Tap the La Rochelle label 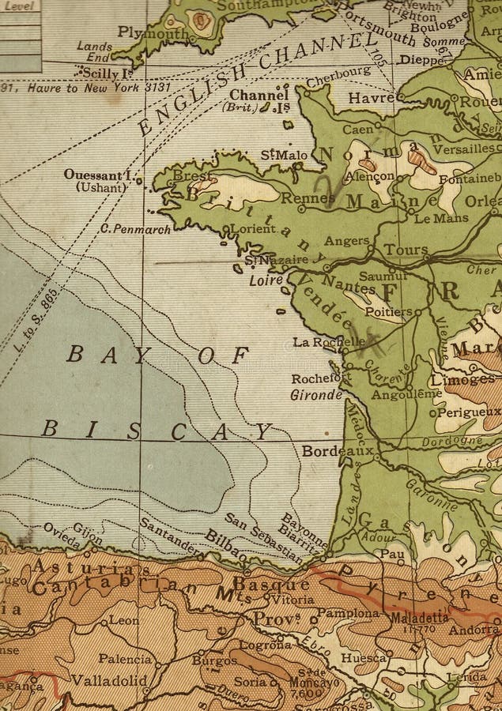(328, 342)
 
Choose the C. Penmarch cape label (135, 229)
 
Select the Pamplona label (349, 612)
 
